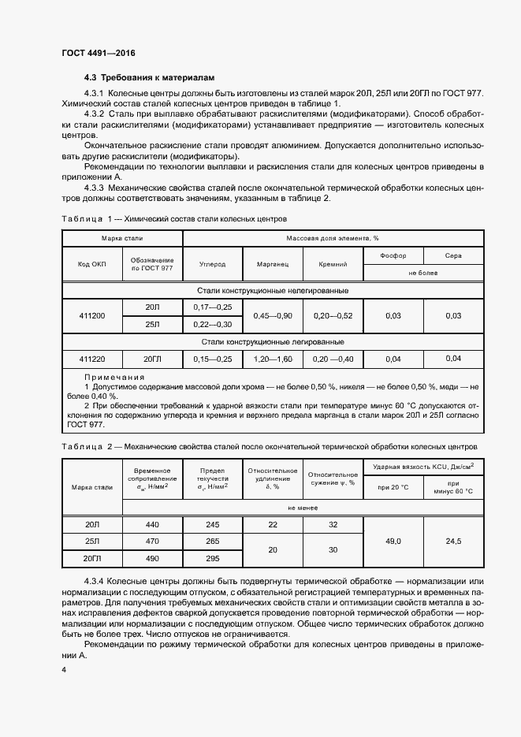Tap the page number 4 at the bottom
click(x=63, y=669)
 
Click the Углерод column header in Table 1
click(x=212, y=265)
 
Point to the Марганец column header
click(x=273, y=265)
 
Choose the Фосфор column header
click(x=393, y=255)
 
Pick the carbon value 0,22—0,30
click(x=212, y=324)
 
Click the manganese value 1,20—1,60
click(x=273, y=359)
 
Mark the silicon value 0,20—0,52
click(x=333, y=315)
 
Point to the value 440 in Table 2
click(x=152, y=524)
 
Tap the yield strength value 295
click(x=212, y=559)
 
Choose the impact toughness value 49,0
click(x=393, y=542)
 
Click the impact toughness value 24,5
click(x=453, y=542)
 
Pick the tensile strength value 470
click(x=152, y=542)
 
